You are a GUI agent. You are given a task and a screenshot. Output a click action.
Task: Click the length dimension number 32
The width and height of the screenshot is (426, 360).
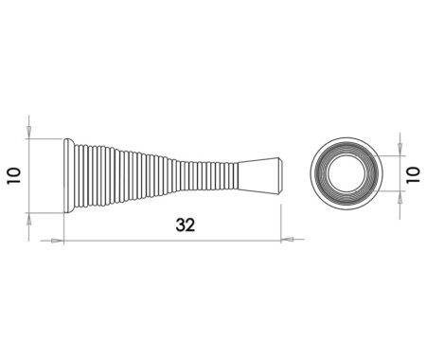click(186, 225)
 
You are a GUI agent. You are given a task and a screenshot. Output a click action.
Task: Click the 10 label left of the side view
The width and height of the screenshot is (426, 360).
click(13, 176)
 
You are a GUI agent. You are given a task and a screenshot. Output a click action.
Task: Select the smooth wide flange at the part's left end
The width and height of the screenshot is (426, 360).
click(67, 175)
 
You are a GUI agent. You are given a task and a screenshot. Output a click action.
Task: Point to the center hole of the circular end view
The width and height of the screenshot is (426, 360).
click(346, 173)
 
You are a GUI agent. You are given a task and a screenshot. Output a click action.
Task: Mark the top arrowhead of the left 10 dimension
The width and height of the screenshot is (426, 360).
click(30, 134)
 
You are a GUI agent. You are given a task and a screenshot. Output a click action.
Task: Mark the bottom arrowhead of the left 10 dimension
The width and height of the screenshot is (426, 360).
click(30, 218)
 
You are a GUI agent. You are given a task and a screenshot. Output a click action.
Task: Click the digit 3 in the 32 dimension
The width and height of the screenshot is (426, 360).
click(179, 225)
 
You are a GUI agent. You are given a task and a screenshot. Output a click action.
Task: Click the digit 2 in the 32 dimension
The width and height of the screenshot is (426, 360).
click(192, 225)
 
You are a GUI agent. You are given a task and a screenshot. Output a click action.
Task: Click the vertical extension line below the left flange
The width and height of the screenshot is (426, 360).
click(63, 227)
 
